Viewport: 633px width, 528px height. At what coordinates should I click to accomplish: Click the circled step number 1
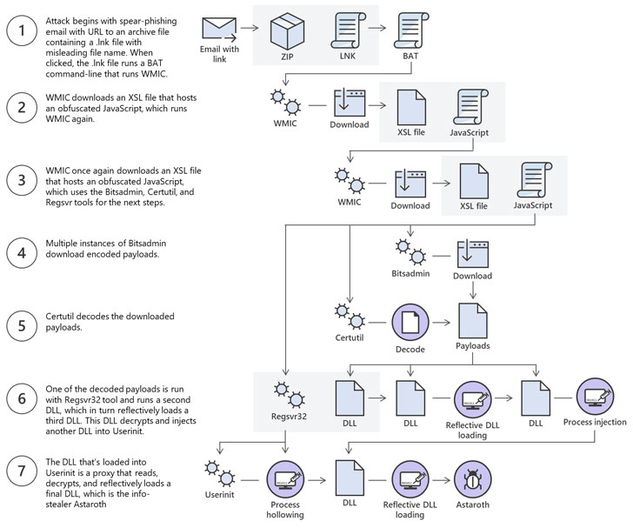(22, 30)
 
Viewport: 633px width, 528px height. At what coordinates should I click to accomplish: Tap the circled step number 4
(22, 253)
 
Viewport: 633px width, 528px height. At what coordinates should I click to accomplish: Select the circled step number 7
(22, 471)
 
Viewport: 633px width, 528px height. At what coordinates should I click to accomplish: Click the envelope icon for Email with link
(219, 29)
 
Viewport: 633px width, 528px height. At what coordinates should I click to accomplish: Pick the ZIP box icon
(287, 30)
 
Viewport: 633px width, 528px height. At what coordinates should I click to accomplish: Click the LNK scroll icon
(348, 30)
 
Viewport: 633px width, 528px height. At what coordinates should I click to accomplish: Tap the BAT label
(410, 57)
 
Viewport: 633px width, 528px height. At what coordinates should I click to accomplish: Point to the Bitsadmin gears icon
(410, 251)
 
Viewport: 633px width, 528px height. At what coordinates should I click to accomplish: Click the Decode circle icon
(410, 323)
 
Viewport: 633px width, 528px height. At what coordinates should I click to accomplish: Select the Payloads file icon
(473, 321)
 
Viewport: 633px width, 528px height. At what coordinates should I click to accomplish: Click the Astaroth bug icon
(473, 479)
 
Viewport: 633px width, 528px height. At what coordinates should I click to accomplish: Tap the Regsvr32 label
(289, 416)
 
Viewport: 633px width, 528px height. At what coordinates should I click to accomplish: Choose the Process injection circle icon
(595, 398)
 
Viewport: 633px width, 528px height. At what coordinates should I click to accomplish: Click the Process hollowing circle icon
(285, 479)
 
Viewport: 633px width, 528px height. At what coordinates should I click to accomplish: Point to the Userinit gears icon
(219, 473)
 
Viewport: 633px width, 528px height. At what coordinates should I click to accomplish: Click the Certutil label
(350, 338)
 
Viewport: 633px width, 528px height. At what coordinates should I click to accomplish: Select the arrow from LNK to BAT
(377, 28)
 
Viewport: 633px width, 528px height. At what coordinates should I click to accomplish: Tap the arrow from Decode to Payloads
(441, 323)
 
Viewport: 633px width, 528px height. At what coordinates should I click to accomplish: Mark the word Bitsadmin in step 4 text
(147, 244)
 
